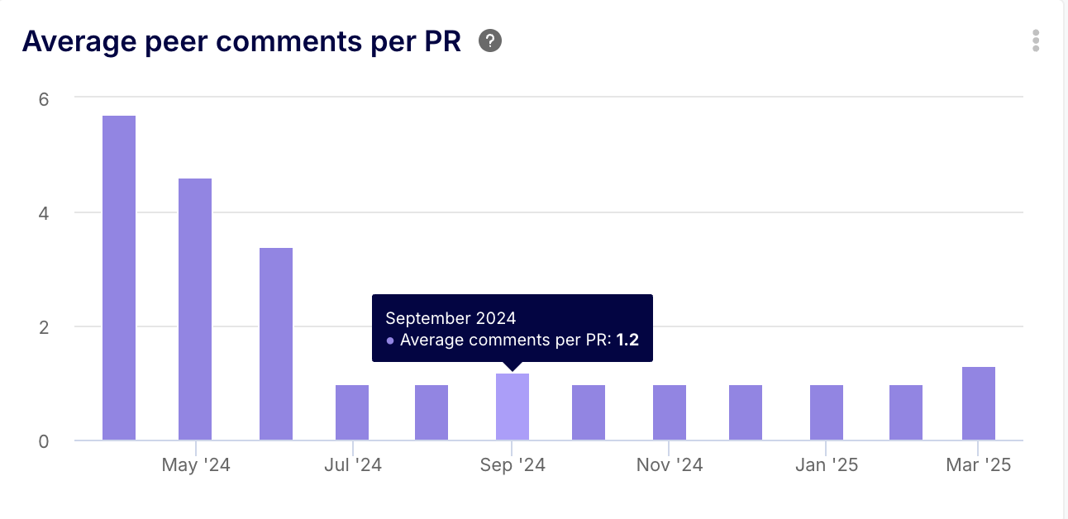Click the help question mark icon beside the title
[x=490, y=40]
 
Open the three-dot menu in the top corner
[x=1036, y=40]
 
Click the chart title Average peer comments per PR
[x=241, y=41]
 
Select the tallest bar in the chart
[x=119, y=278]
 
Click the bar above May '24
[x=195, y=309]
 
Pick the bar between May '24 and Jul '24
[x=276, y=344]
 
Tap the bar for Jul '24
[x=352, y=412]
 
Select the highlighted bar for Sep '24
[x=513, y=407]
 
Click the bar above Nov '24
[x=670, y=412]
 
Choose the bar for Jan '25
[x=827, y=412]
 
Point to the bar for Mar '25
[x=979, y=403]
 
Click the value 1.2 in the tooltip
[x=627, y=340]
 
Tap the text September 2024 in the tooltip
[x=451, y=318]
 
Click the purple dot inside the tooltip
[x=390, y=340]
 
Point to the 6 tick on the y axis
[x=44, y=99]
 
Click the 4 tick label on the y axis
[x=44, y=213]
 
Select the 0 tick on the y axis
[x=44, y=441]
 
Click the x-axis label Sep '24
[x=513, y=465]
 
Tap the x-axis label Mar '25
[x=979, y=465]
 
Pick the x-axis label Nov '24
[x=670, y=465]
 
